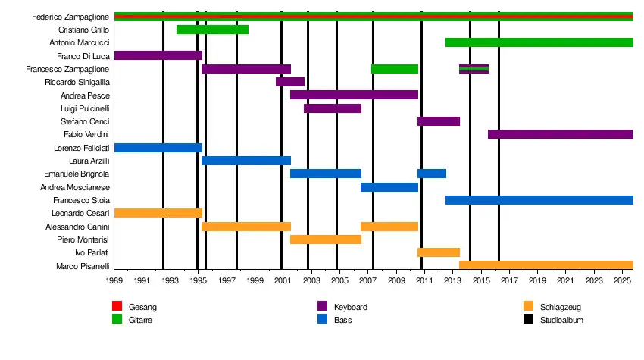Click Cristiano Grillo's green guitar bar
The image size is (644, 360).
click(x=212, y=30)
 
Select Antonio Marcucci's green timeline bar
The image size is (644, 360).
click(x=539, y=42)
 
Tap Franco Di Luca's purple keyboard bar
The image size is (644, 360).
click(x=158, y=55)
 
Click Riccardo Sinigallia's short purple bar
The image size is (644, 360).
click(x=290, y=82)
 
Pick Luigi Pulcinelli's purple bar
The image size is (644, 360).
click(x=333, y=108)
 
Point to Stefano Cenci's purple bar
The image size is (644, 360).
click(x=438, y=121)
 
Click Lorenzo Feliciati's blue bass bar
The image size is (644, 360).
click(x=158, y=148)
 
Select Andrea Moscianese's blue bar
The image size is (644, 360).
click(x=389, y=187)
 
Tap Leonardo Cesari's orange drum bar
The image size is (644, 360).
click(x=158, y=213)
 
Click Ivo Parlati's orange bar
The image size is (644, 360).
click(x=438, y=252)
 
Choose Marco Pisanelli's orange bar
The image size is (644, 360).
click(x=546, y=265)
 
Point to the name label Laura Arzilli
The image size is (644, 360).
click(x=90, y=161)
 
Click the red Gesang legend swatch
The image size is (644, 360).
click(x=117, y=306)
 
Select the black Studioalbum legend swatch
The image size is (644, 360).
click(x=528, y=320)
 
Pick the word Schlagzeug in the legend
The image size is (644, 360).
click(x=561, y=307)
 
